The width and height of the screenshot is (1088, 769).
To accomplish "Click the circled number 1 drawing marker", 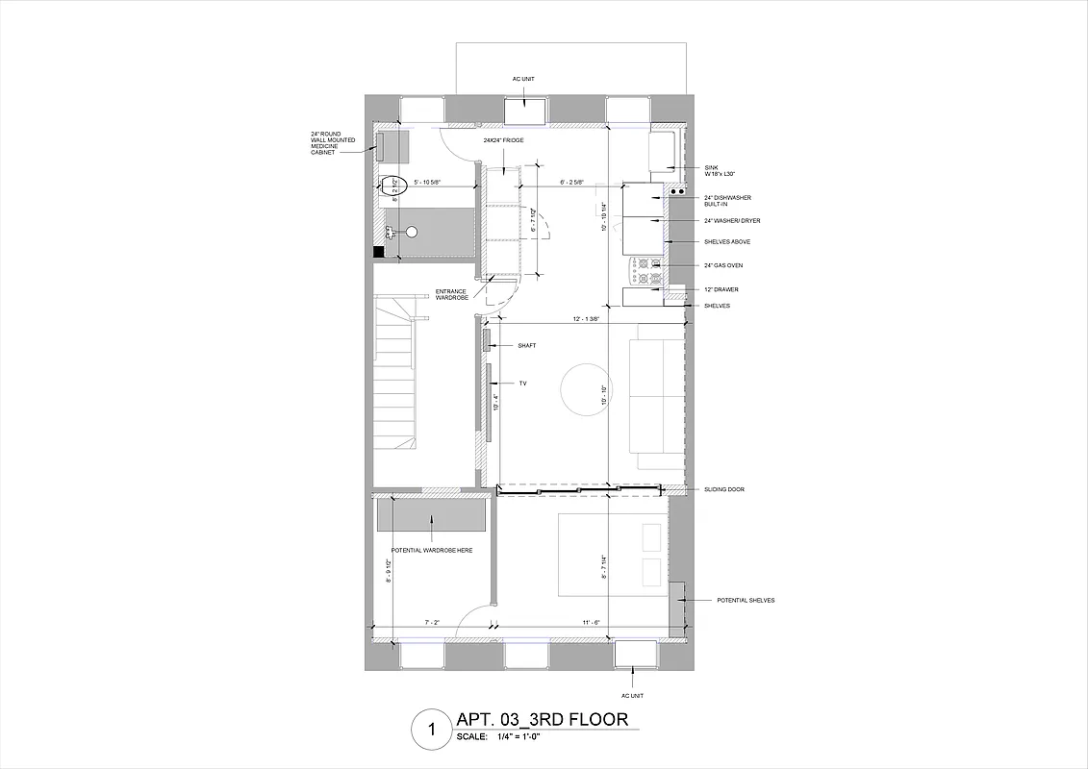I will [429, 730].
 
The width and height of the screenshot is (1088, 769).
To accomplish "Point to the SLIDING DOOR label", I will [724, 489].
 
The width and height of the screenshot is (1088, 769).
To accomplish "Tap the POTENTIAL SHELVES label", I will [746, 600].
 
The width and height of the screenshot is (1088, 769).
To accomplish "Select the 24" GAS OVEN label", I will [723, 265].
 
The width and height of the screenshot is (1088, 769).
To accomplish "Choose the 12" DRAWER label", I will [721, 289].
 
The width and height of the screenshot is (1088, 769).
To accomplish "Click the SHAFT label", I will [526, 345].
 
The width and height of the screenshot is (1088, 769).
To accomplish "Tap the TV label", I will [522, 384].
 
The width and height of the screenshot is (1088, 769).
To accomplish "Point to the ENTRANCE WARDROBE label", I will [452, 294].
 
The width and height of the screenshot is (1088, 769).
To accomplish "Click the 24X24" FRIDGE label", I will [503, 140].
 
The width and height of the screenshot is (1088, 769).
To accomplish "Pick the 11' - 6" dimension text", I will [592, 623].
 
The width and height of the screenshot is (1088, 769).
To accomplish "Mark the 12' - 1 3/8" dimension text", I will [586, 319].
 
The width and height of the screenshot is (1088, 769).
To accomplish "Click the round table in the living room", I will [586, 388].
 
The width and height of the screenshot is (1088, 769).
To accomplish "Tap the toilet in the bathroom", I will [393, 186].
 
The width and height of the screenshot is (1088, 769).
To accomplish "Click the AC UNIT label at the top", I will [523, 78].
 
